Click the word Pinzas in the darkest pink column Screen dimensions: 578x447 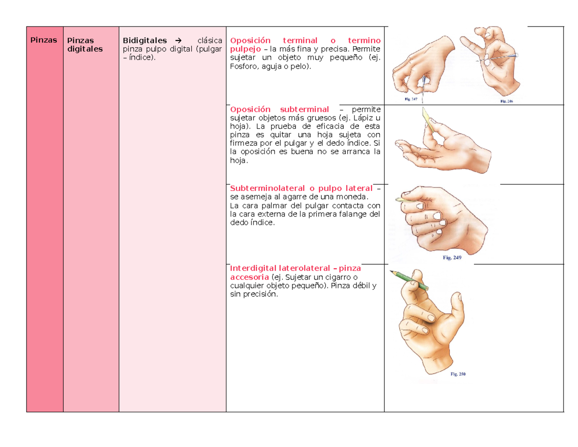point(44,40)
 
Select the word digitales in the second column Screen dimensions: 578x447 point(85,49)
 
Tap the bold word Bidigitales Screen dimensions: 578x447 point(144,41)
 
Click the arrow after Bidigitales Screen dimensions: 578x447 point(178,41)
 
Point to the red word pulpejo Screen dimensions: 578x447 point(245,49)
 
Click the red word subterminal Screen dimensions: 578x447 point(304,109)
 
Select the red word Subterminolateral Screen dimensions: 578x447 point(267,188)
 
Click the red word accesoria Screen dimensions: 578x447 point(250,277)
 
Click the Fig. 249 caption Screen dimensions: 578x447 point(452,257)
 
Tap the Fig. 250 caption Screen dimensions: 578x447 point(458,374)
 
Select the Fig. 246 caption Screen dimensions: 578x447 point(506,101)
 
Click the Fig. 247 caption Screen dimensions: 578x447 point(411,99)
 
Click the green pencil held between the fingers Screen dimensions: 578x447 point(409,280)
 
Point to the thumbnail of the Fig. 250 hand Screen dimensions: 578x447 point(460,297)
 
